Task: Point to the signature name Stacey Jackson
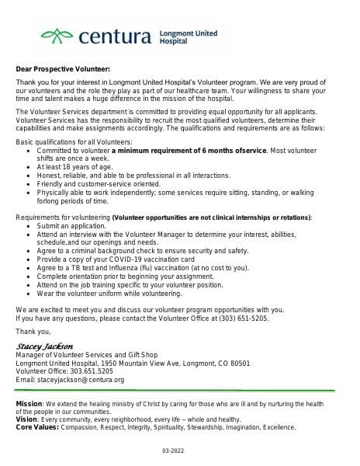(44, 346)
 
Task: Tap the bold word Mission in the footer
(29, 404)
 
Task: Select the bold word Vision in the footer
(27, 419)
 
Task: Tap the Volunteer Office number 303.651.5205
(94, 371)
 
